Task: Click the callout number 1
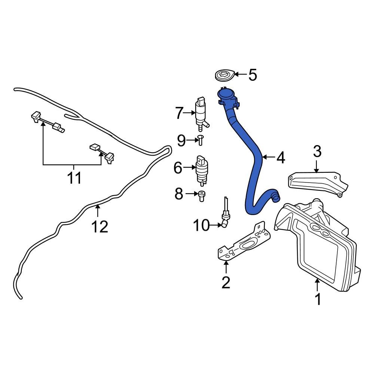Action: pyautogui.click(x=318, y=299)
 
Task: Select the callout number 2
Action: pyautogui.click(x=226, y=282)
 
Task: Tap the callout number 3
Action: pyautogui.click(x=317, y=152)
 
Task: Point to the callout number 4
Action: pyautogui.click(x=280, y=157)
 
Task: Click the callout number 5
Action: pyautogui.click(x=253, y=75)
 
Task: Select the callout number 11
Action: pyautogui.click(x=74, y=178)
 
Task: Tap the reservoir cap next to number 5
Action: pyautogui.click(x=227, y=75)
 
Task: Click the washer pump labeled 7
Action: pyautogui.click(x=201, y=112)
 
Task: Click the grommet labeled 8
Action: pyautogui.click(x=202, y=195)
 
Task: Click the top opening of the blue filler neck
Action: pyautogui.click(x=226, y=93)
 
